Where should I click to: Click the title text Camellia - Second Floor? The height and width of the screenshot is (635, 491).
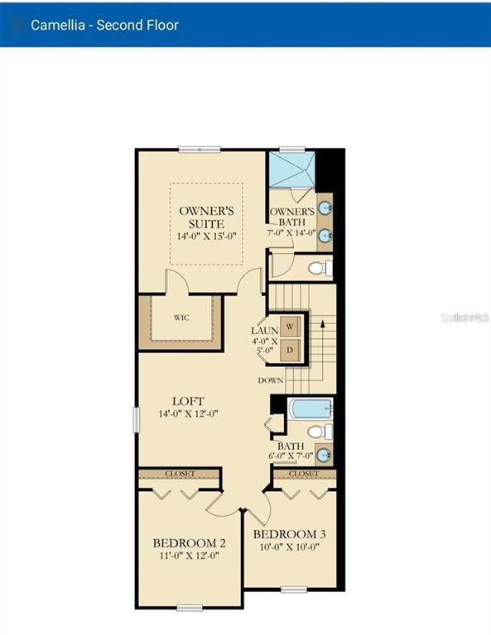104,24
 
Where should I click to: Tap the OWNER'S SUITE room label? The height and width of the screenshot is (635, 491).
206,217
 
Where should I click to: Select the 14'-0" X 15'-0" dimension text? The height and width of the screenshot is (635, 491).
206,236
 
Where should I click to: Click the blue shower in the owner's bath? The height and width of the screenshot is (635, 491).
292,171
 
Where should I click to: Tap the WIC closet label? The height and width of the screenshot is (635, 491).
181,317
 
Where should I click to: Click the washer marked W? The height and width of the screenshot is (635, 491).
290,327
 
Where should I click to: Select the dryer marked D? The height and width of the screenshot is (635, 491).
290,351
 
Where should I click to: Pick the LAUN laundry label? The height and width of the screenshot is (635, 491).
264,331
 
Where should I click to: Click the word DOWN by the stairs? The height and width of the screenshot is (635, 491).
271,380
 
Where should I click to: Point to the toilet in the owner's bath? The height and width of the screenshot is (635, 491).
320,268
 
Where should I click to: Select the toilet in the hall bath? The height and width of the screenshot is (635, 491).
320,431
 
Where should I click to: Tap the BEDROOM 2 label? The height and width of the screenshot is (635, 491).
190,543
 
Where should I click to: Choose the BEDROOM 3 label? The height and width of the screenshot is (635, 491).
289,534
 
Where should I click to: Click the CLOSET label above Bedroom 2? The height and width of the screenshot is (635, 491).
180,474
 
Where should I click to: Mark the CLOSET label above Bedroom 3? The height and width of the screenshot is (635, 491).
304,474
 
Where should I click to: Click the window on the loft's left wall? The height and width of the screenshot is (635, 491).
137,419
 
